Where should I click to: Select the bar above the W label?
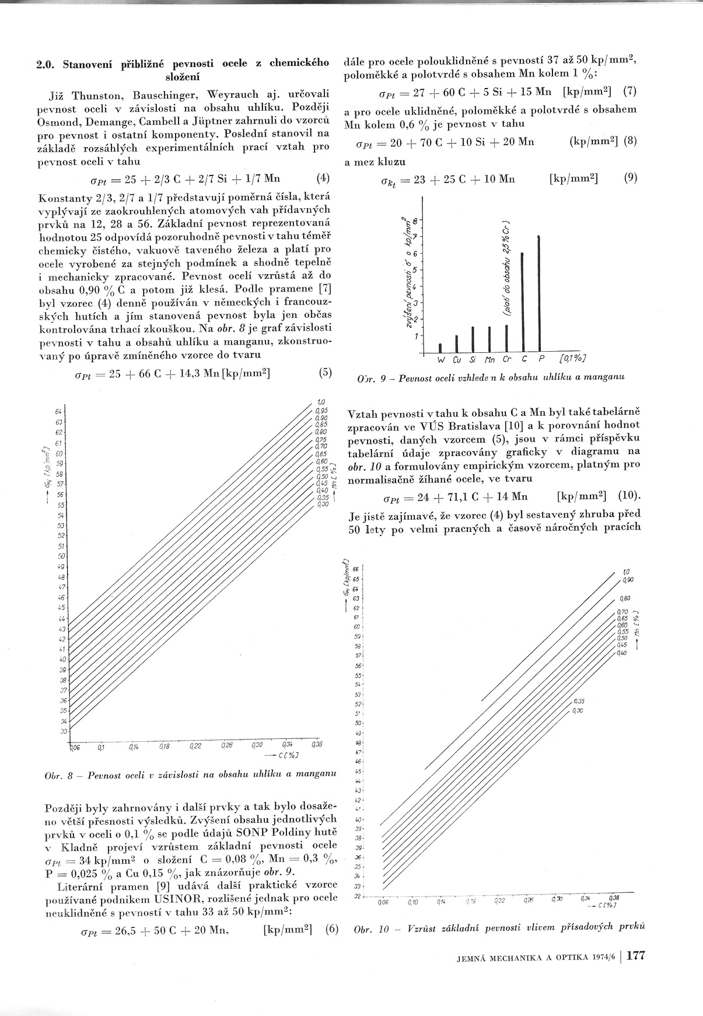(440, 348)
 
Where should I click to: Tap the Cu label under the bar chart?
(457, 360)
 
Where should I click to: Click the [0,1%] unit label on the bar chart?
(572, 359)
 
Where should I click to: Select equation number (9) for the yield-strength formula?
(630, 178)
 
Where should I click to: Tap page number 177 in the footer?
(635, 956)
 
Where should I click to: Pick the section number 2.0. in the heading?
(46, 64)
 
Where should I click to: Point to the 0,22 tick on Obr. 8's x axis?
(195, 745)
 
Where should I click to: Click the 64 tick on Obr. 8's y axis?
(59, 412)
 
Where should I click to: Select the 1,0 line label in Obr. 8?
(320, 402)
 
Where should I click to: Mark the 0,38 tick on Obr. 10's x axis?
(614, 898)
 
